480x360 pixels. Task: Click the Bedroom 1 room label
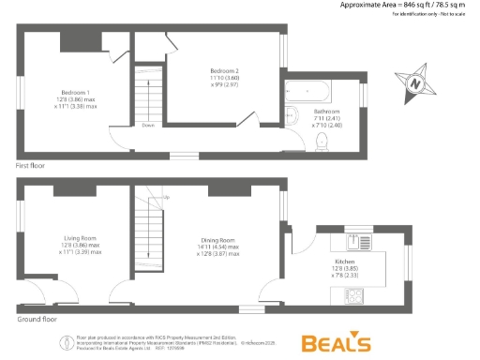point(75,92)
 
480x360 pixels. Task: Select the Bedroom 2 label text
point(224,71)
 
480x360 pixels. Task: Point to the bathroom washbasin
point(292,116)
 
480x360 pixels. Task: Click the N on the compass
point(414,82)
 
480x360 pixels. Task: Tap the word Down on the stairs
point(148,125)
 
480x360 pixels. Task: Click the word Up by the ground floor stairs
point(163,198)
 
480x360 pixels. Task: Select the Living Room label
point(79,238)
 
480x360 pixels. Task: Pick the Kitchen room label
point(344,262)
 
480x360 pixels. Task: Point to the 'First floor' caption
point(31,165)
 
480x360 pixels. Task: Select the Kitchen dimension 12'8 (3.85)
point(344,268)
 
